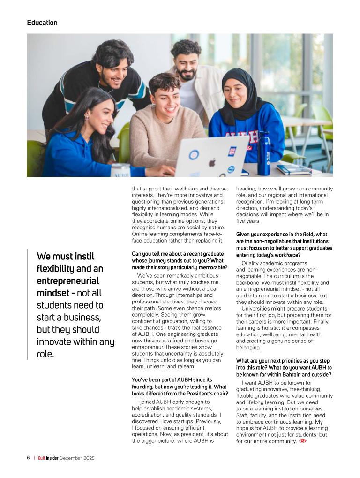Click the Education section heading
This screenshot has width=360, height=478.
pyautogui.click(x=42, y=23)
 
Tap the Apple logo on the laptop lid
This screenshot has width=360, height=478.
pyautogui.click(x=211, y=163)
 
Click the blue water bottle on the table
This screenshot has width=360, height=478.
pyautogui.click(x=263, y=153)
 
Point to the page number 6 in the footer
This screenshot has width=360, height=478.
pyautogui.click(x=29, y=458)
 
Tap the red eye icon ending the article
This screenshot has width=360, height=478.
pyautogui.click(x=303, y=441)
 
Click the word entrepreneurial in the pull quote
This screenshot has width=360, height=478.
pyautogui.click(x=67, y=281)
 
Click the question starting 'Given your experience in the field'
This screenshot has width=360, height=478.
pyautogui.click(x=284, y=241)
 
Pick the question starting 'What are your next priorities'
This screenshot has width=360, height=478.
pyautogui.click(x=284, y=367)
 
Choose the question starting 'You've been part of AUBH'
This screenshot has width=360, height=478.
pyautogui.click(x=180, y=387)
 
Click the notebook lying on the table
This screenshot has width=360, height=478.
pyautogui.click(x=293, y=169)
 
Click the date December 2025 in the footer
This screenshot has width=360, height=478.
pyautogui.click(x=77, y=458)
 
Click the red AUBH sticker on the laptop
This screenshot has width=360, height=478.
pyautogui.click(x=232, y=151)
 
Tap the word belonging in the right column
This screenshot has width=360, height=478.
pyautogui.click(x=248, y=348)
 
